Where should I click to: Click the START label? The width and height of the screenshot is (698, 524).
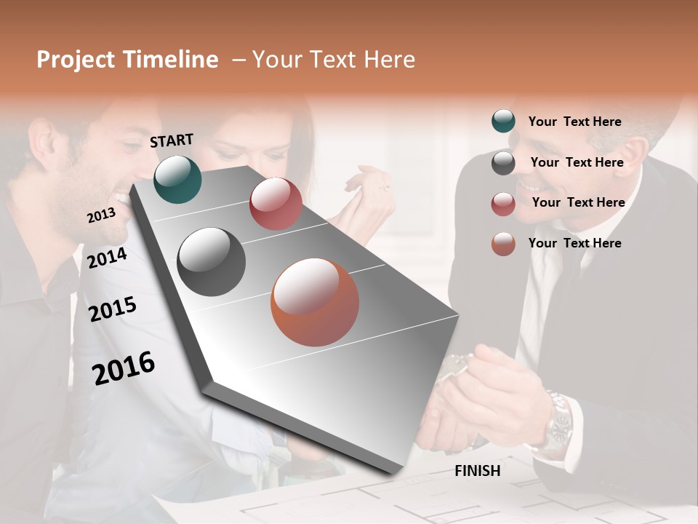pyautogui.click(x=172, y=140)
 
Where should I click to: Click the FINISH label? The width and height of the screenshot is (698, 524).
pyautogui.click(x=477, y=471)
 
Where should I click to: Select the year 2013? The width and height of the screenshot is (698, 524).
pyautogui.click(x=101, y=215)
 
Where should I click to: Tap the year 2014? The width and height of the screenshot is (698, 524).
pyautogui.click(x=108, y=258)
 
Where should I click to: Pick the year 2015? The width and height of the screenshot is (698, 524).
pyautogui.click(x=113, y=309)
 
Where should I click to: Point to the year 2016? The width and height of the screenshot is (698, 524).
pyautogui.click(x=124, y=368)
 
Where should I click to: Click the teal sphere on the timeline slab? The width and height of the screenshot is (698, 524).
pyautogui.click(x=177, y=179)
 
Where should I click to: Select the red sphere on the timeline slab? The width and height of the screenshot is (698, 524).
pyautogui.click(x=276, y=204)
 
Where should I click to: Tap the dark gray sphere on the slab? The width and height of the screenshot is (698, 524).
pyautogui.click(x=211, y=262)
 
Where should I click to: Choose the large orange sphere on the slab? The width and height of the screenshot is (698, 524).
pyautogui.click(x=315, y=302)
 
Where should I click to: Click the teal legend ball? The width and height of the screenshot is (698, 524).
pyautogui.click(x=503, y=122)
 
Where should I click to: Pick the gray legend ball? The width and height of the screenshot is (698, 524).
pyautogui.click(x=503, y=163)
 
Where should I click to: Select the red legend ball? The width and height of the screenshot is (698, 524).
pyautogui.click(x=503, y=204)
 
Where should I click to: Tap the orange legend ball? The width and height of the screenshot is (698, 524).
pyautogui.click(x=503, y=244)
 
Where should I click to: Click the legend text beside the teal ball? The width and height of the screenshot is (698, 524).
pyautogui.click(x=574, y=122)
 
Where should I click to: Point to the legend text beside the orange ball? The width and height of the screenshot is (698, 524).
pyautogui.click(x=574, y=243)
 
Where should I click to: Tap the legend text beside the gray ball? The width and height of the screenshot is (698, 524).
pyautogui.click(x=577, y=162)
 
